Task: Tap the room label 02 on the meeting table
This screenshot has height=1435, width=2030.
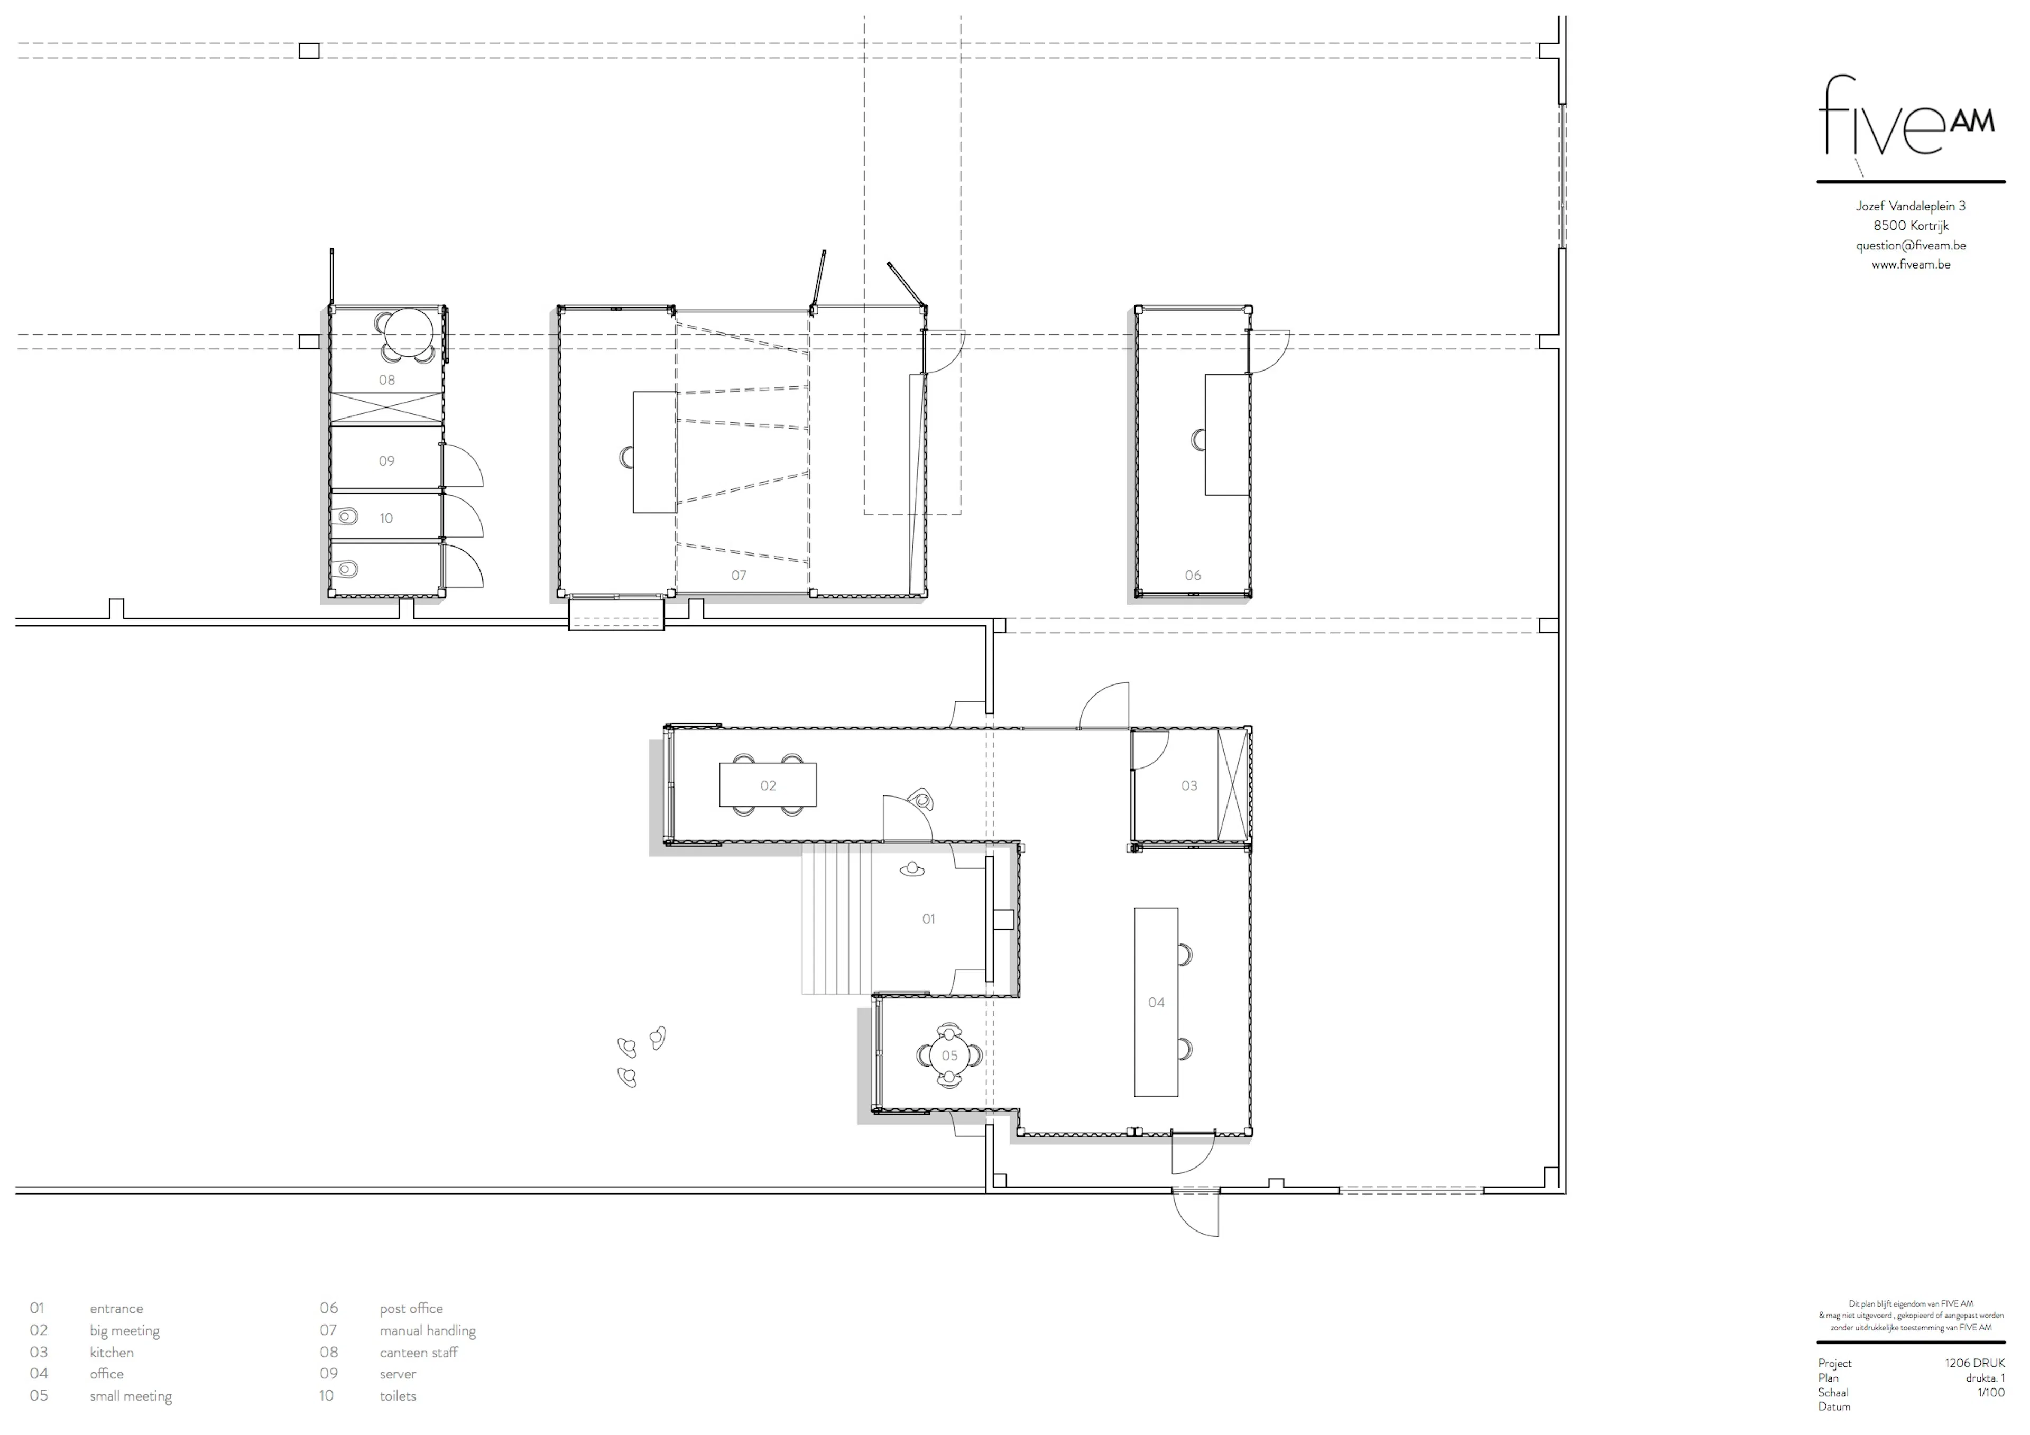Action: click(768, 785)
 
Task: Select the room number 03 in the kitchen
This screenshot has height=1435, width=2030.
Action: click(1189, 785)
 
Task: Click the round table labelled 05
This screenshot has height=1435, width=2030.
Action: click(949, 1055)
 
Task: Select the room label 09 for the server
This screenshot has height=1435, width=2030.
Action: click(386, 461)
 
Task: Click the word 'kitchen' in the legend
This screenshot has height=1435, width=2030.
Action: click(112, 1352)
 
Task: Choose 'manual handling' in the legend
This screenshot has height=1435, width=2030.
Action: click(428, 1330)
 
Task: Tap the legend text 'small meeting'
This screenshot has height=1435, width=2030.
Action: click(131, 1395)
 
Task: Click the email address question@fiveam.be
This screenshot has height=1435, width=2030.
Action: click(1911, 245)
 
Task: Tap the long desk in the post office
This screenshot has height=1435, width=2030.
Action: click(1226, 434)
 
